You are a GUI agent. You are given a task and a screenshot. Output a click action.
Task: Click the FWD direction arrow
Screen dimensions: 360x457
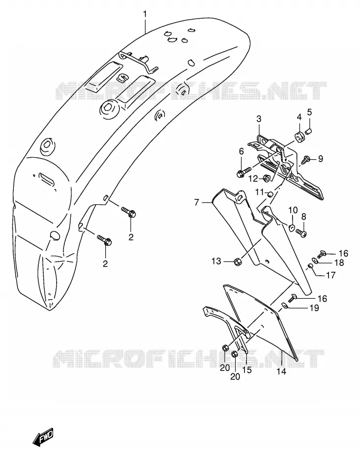[x=43, y=436]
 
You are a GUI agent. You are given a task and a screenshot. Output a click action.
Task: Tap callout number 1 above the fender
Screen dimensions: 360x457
[x=145, y=14]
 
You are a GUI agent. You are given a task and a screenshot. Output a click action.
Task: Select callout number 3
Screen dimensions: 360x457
[x=259, y=119]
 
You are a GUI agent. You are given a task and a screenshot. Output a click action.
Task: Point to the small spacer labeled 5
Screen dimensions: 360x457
[x=308, y=131]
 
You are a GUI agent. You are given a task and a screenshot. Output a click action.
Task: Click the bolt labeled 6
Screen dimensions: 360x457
[x=243, y=172]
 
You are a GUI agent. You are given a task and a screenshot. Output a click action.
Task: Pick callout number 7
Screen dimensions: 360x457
[x=197, y=202]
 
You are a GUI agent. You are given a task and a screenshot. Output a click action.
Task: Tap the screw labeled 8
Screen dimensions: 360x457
[x=301, y=232]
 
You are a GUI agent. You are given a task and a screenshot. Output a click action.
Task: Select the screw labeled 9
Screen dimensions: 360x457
[x=306, y=159]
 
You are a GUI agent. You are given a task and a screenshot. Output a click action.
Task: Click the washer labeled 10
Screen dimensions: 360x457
[x=292, y=228]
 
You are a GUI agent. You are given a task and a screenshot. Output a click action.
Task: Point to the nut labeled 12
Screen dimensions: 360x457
[x=267, y=177]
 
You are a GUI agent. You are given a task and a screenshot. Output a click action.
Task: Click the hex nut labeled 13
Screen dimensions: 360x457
[x=237, y=262]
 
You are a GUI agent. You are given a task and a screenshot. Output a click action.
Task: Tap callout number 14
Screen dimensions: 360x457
[x=281, y=371]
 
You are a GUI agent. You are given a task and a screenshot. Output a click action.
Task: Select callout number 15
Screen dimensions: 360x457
[x=247, y=370]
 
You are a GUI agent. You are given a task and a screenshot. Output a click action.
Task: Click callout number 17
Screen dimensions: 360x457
[x=330, y=275]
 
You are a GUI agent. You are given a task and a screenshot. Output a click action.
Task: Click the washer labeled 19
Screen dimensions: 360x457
[x=285, y=306]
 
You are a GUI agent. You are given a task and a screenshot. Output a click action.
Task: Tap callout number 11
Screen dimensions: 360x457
[x=259, y=192]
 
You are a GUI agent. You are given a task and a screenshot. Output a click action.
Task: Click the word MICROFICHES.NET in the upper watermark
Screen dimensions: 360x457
[x=191, y=90]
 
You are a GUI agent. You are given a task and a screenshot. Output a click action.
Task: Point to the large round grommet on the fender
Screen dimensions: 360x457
[x=109, y=109]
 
